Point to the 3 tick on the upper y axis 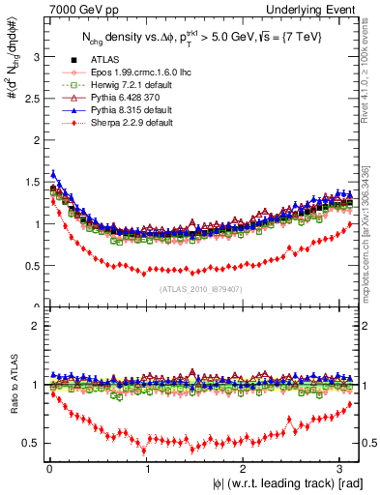pos(36,57)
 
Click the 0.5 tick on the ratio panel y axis pos(32,443)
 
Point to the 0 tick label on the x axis pos(48,468)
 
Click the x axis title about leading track pos(290,483)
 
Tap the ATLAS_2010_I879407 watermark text pos(201,287)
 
